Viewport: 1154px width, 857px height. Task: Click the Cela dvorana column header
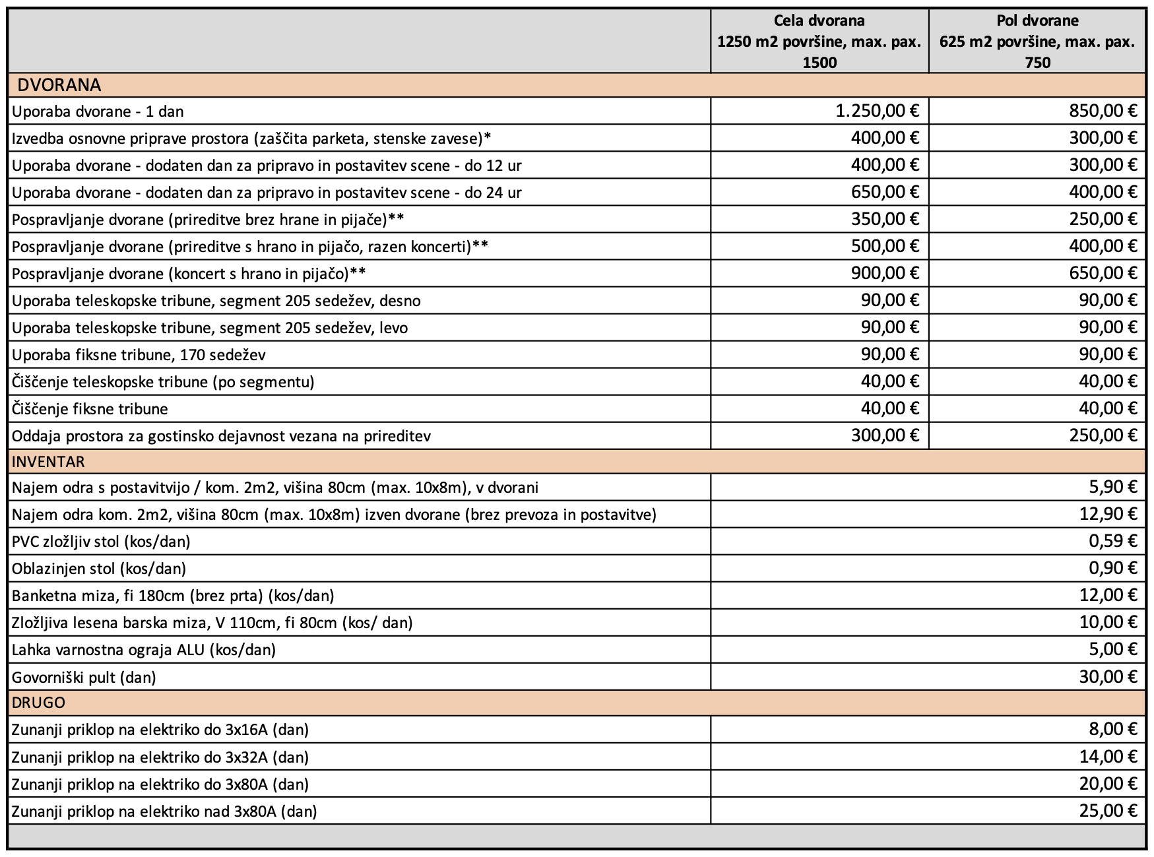pos(819,41)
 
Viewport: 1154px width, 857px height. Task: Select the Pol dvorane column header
pos(1037,41)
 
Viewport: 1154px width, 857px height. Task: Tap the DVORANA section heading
pos(59,85)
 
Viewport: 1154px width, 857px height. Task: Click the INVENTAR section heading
pos(48,461)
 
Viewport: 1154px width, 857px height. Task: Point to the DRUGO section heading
pos(38,703)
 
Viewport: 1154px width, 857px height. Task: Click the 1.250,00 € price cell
pos(878,111)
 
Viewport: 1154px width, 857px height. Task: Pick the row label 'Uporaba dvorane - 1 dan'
pos(98,111)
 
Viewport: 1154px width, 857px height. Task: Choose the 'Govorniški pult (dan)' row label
pos(84,678)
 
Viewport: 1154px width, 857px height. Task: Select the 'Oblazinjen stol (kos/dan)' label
pos(99,569)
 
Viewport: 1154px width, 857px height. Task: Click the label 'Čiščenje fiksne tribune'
pos(90,409)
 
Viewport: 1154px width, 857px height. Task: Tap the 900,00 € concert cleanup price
pos(885,273)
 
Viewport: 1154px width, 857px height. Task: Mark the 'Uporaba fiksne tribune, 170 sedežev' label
pos(139,355)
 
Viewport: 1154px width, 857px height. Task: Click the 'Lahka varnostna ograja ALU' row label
pos(144,650)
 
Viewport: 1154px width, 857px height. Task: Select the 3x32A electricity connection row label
pos(160,757)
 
